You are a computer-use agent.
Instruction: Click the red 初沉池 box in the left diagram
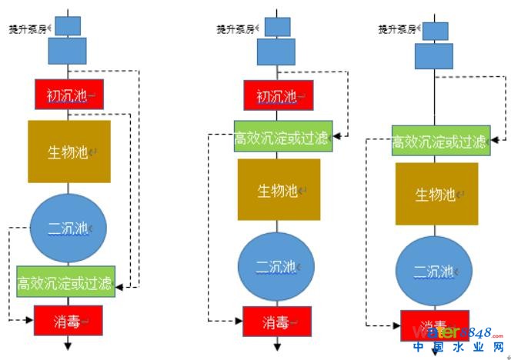click(x=68, y=95)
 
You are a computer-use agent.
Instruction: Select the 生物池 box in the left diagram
click(x=69, y=152)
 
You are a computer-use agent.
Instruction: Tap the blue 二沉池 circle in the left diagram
click(x=68, y=228)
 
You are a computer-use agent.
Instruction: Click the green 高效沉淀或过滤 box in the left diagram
click(x=66, y=284)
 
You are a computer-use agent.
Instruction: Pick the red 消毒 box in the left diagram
click(x=68, y=318)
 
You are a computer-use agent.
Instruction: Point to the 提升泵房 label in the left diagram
click(x=29, y=28)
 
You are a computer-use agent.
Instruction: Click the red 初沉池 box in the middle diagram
click(x=278, y=96)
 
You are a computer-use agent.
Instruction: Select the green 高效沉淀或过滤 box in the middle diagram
click(x=283, y=137)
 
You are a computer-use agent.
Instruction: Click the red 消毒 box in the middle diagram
click(x=277, y=321)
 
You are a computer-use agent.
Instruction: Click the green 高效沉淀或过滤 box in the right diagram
click(x=440, y=142)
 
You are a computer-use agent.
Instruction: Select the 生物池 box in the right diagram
click(x=436, y=194)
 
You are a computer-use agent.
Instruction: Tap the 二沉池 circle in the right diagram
click(x=435, y=271)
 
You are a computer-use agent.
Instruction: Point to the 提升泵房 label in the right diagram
click(x=398, y=28)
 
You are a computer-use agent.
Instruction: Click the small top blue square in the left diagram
click(x=68, y=25)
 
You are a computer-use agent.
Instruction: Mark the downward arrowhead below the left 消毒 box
click(x=68, y=347)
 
